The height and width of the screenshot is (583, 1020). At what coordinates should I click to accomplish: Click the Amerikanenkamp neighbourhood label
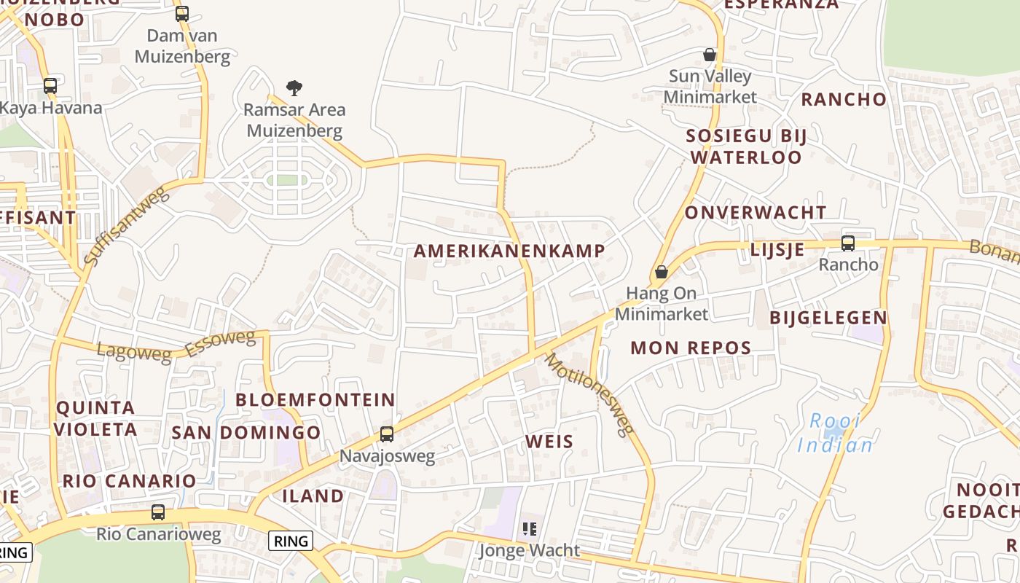[509, 251]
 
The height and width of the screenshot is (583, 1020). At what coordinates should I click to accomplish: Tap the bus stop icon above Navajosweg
[387, 434]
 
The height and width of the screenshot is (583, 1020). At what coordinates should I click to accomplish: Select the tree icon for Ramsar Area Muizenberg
[294, 88]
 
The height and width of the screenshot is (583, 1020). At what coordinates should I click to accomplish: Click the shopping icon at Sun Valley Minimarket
[710, 55]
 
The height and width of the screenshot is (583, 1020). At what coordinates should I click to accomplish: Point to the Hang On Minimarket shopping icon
[661, 272]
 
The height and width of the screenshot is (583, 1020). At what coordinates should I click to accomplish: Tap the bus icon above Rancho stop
[848, 243]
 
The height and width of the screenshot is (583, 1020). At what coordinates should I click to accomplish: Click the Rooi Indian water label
[835, 433]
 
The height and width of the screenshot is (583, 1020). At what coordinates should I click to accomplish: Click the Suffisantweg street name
[126, 224]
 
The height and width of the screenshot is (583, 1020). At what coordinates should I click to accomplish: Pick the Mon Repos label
[691, 348]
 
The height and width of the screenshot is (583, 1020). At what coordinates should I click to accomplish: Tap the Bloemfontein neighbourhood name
[315, 400]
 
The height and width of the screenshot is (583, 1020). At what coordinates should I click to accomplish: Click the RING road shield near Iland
[291, 541]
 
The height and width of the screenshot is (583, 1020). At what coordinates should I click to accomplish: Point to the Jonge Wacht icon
[529, 528]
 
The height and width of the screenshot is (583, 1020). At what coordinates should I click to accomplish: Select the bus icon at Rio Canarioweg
[158, 512]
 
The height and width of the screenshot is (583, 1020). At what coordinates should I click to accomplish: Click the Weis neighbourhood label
[549, 442]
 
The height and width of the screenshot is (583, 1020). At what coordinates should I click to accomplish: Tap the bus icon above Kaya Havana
[50, 86]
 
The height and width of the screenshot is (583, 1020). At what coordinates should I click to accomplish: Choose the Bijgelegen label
[828, 318]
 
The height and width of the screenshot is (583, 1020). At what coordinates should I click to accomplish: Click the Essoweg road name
[221, 344]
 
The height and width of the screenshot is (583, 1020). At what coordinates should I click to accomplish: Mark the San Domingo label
[246, 433]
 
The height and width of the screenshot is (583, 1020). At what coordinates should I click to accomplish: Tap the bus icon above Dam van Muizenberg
[182, 13]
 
